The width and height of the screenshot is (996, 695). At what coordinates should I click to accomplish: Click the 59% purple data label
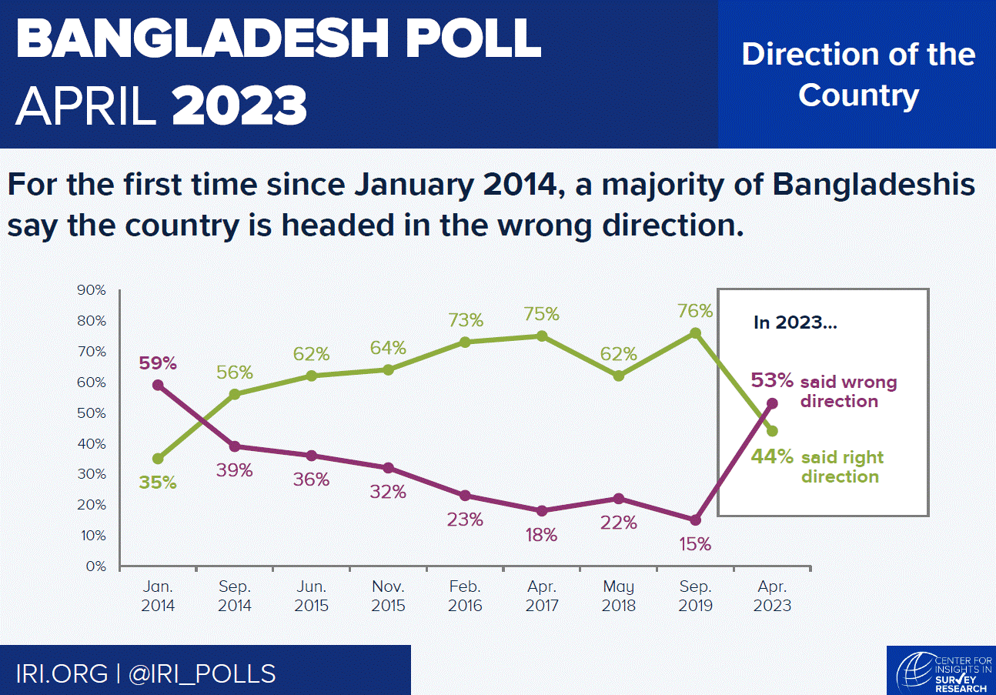click(x=158, y=362)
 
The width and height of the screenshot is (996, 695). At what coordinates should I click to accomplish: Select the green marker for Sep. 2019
click(x=695, y=332)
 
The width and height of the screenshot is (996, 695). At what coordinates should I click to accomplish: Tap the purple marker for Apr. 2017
click(x=542, y=510)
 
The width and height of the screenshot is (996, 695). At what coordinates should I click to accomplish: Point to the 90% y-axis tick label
click(x=92, y=290)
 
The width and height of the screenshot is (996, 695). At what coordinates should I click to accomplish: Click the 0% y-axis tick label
click(x=95, y=566)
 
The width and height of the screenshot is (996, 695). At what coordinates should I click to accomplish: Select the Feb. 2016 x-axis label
click(x=465, y=596)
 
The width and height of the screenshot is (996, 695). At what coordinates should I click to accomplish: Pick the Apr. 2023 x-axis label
click(x=772, y=596)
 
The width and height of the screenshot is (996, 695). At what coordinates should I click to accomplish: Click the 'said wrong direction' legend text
click(x=848, y=392)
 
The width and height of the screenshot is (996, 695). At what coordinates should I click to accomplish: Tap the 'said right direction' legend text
click(x=842, y=467)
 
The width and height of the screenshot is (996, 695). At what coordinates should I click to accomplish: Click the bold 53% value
click(x=772, y=381)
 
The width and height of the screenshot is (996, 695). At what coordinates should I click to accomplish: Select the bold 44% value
click(x=772, y=456)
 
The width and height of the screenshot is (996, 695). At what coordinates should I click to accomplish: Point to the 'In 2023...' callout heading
click(x=795, y=322)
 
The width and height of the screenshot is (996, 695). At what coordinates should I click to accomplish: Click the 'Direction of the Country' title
click(x=858, y=75)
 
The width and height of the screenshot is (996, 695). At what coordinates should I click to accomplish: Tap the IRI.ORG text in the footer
click(x=62, y=673)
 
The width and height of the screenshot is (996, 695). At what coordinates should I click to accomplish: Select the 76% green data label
click(x=695, y=311)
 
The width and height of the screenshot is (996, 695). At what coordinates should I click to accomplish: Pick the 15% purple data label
click(x=695, y=544)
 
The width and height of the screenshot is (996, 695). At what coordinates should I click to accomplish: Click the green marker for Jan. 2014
click(x=158, y=459)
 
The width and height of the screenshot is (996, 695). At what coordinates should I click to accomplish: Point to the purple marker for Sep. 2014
click(x=235, y=446)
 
